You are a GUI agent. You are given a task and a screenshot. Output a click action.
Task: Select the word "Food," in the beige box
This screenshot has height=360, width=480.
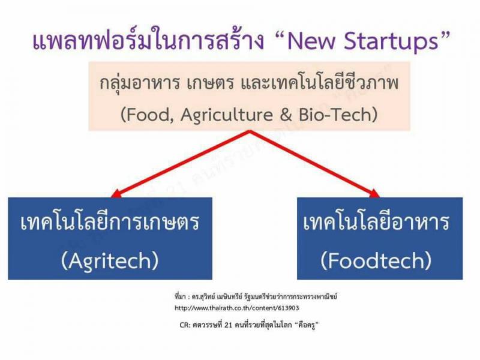click(148, 115)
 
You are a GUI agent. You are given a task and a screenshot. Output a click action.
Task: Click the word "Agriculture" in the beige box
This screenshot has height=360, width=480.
click(227, 115)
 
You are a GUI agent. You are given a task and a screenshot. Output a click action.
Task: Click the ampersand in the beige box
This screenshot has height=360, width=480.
click(286, 115)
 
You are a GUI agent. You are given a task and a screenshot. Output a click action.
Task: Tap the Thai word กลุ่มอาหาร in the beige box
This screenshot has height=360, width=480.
click(140, 83)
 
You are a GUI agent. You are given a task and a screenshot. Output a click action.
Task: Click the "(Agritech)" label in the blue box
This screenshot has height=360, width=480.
click(110, 261)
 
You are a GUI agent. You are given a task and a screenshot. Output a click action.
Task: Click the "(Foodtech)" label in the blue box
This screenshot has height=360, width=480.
click(376, 260)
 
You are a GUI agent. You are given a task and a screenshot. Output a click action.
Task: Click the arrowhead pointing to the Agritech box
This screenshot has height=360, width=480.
click(116, 194)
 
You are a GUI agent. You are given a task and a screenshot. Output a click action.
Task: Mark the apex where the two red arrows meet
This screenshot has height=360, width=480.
click(250, 131)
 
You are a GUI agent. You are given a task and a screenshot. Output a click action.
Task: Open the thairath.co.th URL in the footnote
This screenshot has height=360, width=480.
click(236, 308)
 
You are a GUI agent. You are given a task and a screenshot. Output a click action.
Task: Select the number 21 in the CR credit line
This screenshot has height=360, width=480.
click(229, 325)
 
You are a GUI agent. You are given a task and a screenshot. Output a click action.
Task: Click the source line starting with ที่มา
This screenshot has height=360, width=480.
click(256, 296)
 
